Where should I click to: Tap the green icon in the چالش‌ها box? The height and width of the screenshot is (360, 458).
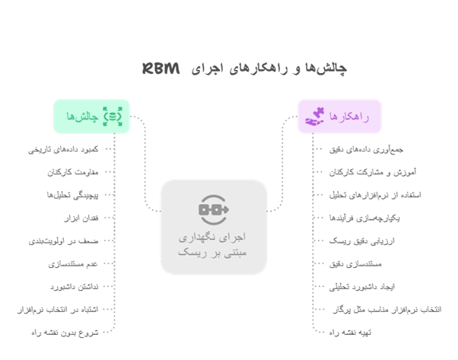pos(113,117)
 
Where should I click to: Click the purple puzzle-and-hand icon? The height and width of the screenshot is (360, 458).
pos(315,117)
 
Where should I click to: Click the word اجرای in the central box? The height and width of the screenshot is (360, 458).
pos(238,236)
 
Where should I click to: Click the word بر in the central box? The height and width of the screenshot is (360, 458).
pos(215,252)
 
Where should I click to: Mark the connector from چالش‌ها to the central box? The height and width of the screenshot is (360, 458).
pos(142,164)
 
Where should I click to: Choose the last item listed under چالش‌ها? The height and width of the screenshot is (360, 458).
pos(64,333)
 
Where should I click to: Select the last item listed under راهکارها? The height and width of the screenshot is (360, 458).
pos(351,333)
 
